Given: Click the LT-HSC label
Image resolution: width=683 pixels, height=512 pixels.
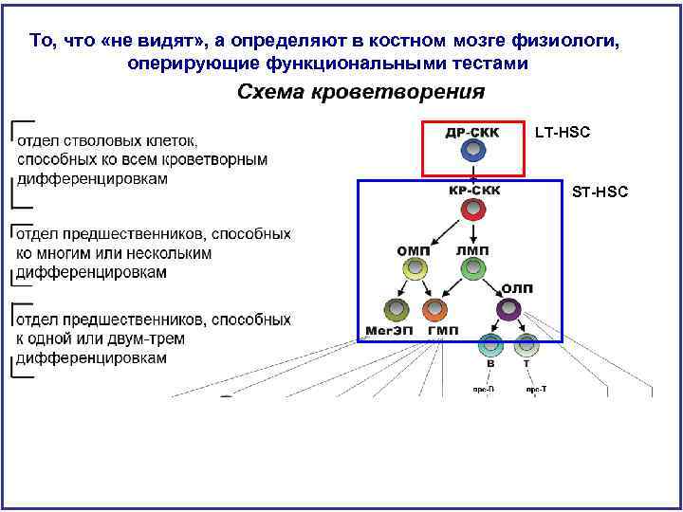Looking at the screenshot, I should pyautogui.click(x=562, y=132).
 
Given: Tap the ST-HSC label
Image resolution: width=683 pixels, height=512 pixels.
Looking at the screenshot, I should pyautogui.click(x=600, y=192).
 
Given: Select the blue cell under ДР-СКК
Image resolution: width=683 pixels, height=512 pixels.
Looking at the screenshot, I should pyautogui.click(x=472, y=151).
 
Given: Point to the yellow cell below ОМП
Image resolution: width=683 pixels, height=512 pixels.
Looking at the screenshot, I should pyautogui.click(x=412, y=269).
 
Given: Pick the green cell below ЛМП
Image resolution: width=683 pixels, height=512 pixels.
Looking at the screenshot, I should pyautogui.click(x=472, y=269).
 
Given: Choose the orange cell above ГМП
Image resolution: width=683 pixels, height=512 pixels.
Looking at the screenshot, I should pyautogui.click(x=434, y=309).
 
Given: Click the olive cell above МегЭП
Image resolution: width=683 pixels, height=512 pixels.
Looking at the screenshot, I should pyautogui.click(x=396, y=309).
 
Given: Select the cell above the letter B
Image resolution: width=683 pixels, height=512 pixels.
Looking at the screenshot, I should pyautogui.click(x=490, y=345).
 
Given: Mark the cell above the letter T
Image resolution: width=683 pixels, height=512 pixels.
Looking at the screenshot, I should pyautogui.click(x=527, y=345).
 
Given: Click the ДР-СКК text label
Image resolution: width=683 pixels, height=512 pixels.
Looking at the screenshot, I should pyautogui.click(x=472, y=132).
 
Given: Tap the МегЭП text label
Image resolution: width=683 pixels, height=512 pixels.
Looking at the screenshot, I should pyautogui.click(x=387, y=331).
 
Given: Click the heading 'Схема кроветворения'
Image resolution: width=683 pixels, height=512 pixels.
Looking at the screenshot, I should pyautogui.click(x=360, y=92).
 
